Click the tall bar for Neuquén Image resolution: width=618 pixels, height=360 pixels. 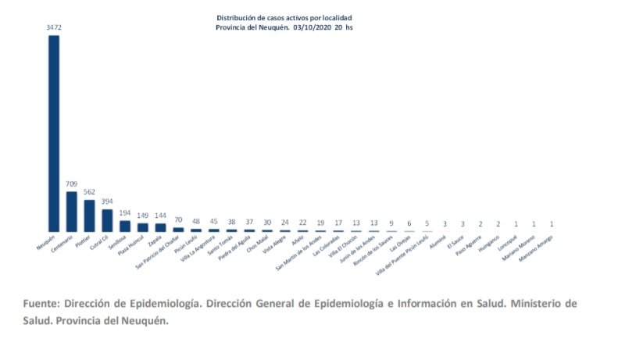click(x=54, y=133)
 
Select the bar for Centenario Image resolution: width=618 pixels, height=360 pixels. click(x=72, y=212)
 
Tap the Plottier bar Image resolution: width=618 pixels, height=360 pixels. click(x=90, y=216)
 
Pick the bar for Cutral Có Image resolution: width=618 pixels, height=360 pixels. click(x=107, y=220)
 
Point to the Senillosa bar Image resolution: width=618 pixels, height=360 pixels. click(x=125, y=226)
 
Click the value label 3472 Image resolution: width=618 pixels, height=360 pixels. click(x=54, y=27)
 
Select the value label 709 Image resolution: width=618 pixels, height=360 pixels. click(x=72, y=184)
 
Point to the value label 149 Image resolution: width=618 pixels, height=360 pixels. click(x=143, y=216)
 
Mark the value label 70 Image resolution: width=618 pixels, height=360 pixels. click(x=179, y=221)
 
